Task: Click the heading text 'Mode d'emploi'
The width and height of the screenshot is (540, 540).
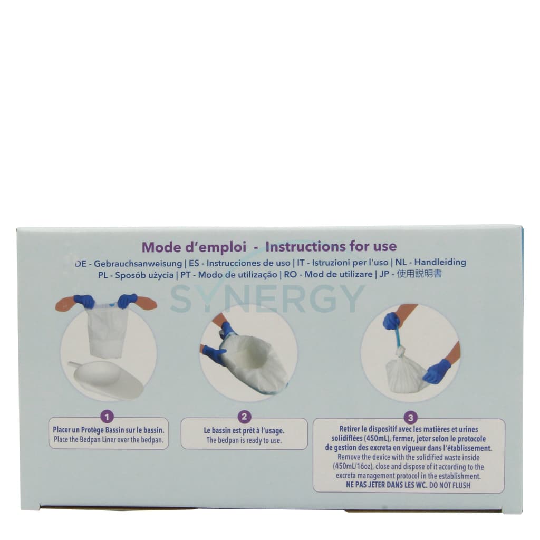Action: (195, 247)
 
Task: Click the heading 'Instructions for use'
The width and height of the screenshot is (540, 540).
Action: (331, 246)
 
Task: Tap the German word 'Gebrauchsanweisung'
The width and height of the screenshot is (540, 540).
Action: (138, 263)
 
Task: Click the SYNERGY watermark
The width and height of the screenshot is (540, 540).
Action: (267, 298)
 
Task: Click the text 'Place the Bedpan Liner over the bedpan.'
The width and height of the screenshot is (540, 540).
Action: (109, 439)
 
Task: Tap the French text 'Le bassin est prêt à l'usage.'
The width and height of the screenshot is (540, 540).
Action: (244, 430)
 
